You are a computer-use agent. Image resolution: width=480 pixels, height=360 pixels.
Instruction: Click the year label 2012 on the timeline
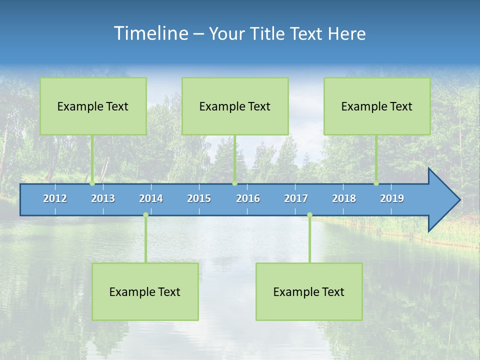pos(55,198)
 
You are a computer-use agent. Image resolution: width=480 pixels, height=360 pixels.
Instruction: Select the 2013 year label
pos(103,198)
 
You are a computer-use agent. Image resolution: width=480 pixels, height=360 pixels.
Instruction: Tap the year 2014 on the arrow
pos(151,198)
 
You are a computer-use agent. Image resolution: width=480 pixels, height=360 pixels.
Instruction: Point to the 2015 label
pos(199,198)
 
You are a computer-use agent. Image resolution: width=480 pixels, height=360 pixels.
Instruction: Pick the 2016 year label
pos(248,198)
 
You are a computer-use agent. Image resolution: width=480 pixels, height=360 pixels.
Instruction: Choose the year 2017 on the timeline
pos(296,198)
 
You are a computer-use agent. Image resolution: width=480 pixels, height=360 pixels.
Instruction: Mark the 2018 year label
pos(344,198)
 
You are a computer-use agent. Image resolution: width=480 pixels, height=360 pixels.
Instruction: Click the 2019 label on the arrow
pos(392,198)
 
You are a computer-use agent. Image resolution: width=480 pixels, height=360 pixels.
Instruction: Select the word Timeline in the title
pos(150,33)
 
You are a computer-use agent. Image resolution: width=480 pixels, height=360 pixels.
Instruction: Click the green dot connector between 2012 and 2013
pos(92,183)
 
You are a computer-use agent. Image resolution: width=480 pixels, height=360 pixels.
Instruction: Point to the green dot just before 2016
pos(234,183)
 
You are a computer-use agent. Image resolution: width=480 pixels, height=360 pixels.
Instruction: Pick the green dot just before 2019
pos(376,183)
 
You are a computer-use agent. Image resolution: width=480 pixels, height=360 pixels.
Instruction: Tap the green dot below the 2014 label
pos(145,215)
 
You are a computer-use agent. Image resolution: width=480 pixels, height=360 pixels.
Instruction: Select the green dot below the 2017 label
pos(309,215)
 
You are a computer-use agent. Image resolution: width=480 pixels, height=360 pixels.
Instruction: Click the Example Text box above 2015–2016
pos(235,106)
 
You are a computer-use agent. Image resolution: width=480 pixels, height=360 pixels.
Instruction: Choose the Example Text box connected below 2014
pos(145,291)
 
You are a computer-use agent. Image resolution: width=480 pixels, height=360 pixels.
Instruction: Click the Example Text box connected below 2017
pos(309,291)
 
